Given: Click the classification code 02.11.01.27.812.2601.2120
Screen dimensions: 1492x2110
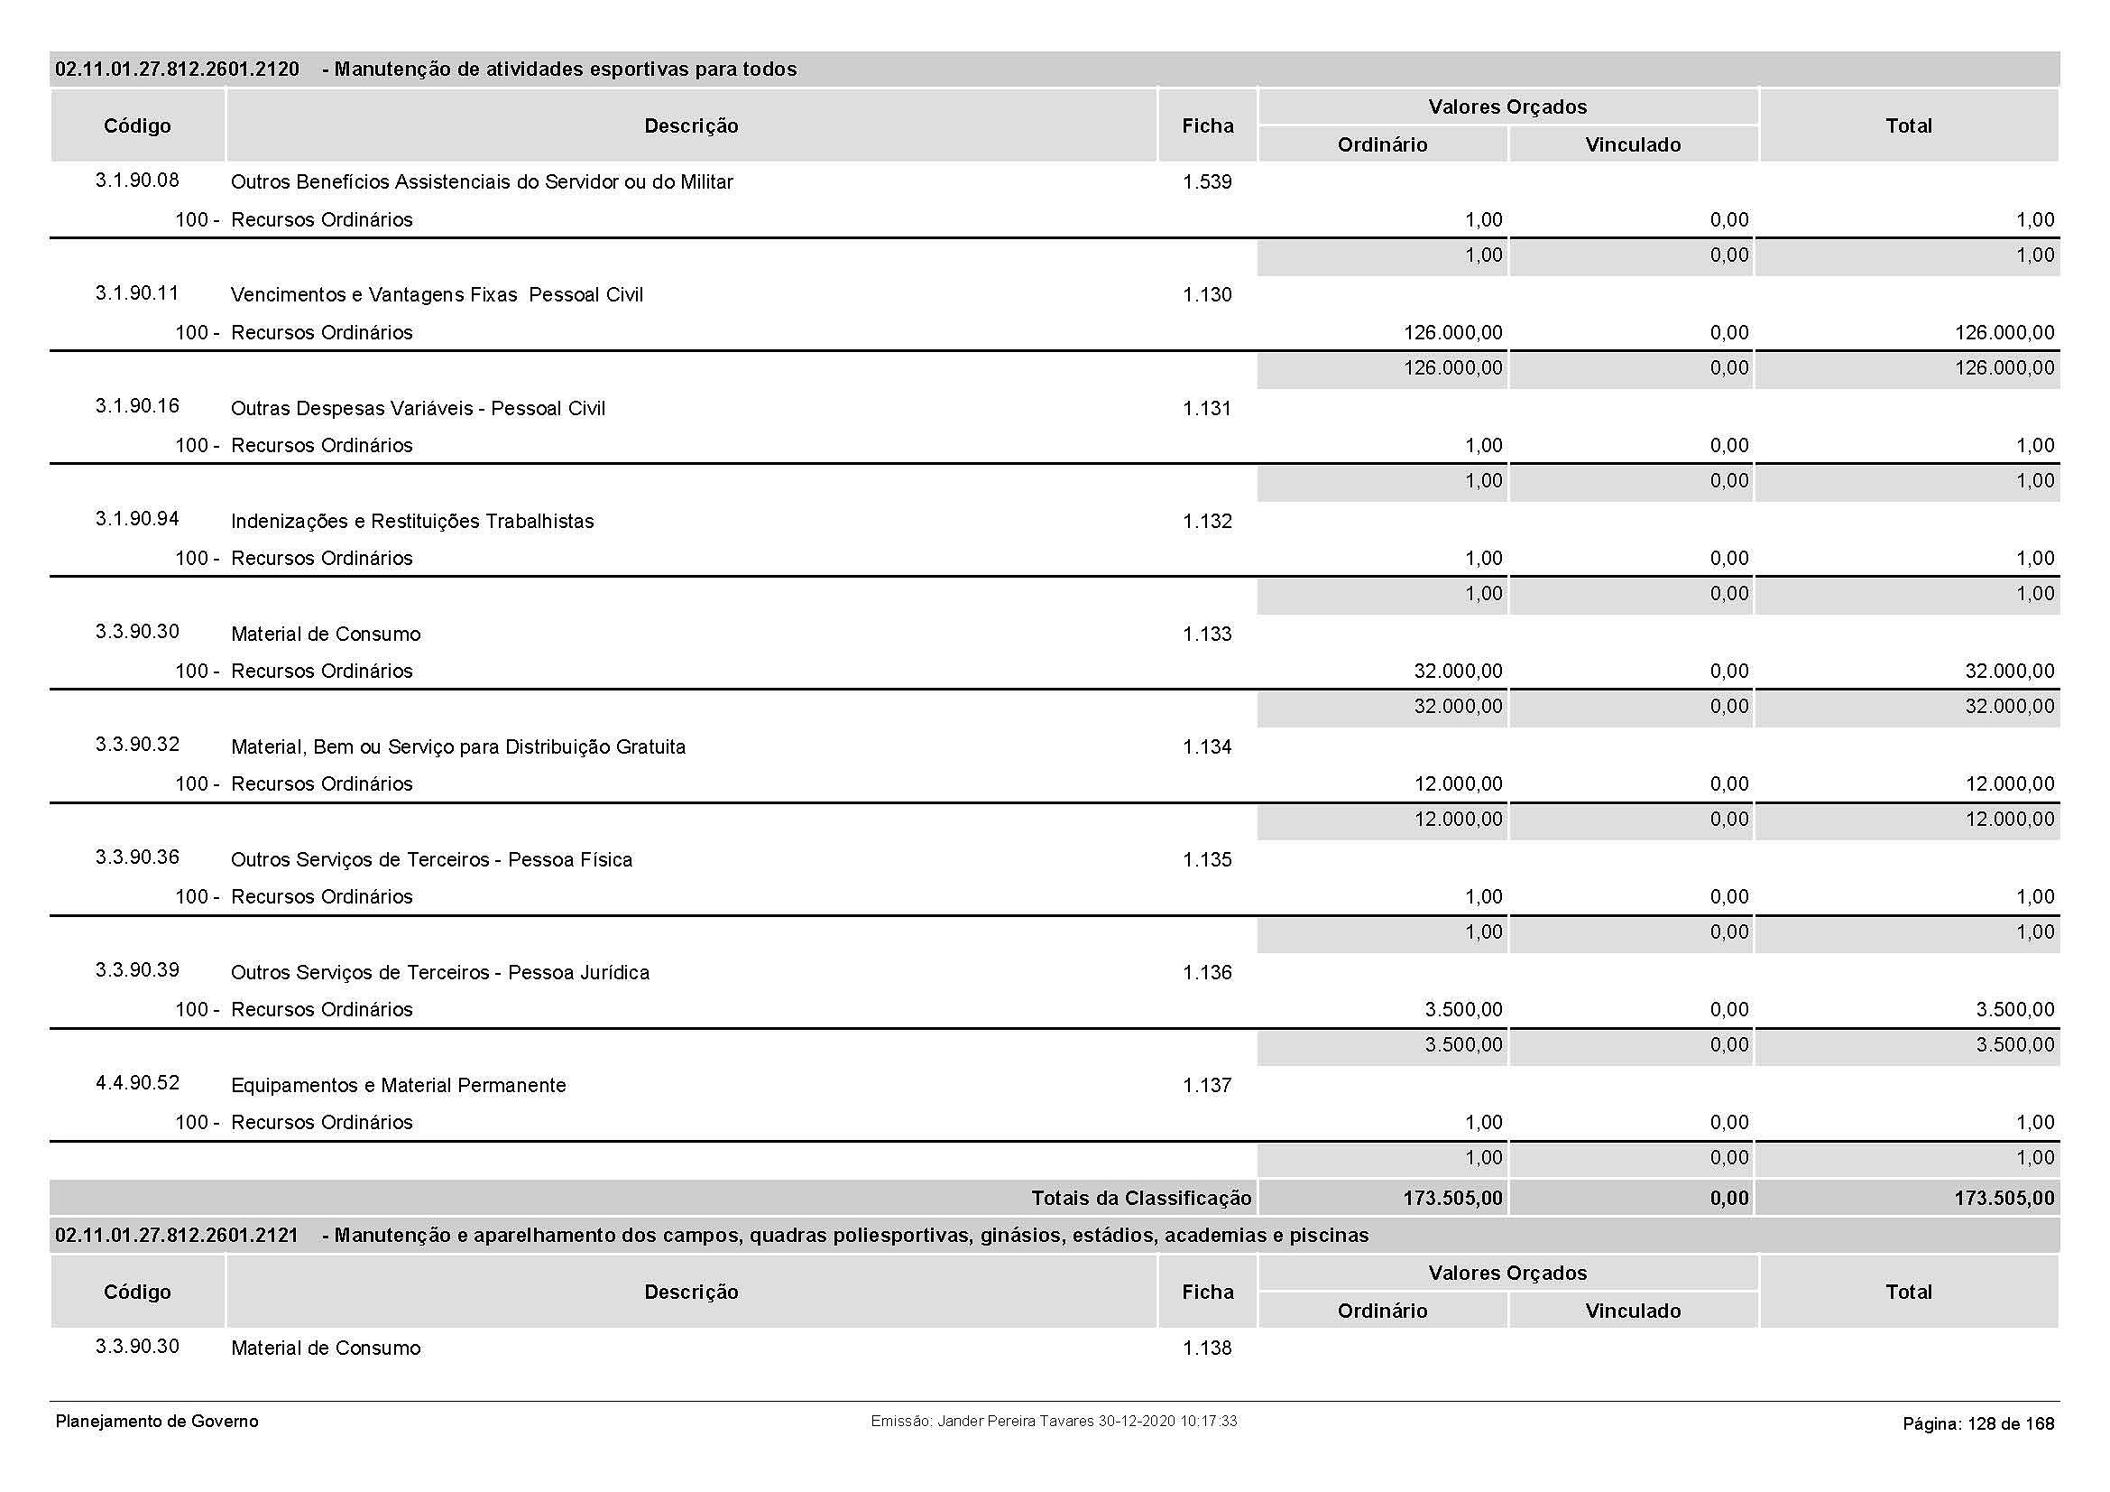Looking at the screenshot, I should coord(177,70).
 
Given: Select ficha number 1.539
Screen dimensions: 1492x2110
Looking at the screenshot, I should coord(1207,182).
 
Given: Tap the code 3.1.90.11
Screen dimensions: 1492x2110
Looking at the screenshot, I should coord(137,293).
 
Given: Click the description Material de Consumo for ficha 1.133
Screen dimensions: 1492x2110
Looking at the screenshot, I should coord(326,635).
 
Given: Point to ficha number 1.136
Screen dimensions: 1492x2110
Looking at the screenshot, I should coord(1207,973).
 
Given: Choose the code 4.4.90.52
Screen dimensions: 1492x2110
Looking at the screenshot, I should coord(137,1083).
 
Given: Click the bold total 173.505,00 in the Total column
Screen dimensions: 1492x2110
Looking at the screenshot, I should coord(2004,1198).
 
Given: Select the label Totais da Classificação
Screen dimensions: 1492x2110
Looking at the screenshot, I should coord(1140,1198).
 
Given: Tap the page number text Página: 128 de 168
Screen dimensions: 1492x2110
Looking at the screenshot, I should coord(1977,1424).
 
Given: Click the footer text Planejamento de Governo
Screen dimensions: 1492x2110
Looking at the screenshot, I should coord(157,1422).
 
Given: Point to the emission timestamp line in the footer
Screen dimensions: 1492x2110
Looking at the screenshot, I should coord(1053,1422).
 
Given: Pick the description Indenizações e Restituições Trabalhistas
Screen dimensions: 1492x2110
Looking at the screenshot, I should coord(411,521).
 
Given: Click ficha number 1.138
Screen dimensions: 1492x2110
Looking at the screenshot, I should coord(1207,1348).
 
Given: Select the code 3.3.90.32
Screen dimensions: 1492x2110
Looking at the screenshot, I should coord(137,745).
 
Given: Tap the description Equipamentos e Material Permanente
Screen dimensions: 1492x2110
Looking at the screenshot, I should coord(398,1086).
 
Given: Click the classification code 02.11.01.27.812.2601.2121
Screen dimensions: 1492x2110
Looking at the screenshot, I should coord(177,1236).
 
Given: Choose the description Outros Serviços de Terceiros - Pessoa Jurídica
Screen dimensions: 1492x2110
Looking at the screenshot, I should coord(439,973).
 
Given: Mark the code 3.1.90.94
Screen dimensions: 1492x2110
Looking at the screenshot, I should coord(137,519).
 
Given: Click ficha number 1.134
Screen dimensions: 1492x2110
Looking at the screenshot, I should coord(1207,747).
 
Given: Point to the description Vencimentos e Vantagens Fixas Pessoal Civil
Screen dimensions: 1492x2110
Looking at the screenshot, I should coord(437,295).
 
